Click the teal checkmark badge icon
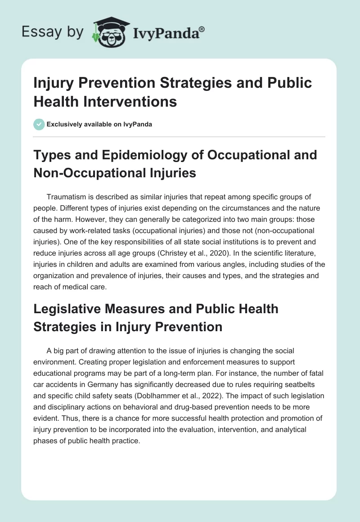tap(40, 124)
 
